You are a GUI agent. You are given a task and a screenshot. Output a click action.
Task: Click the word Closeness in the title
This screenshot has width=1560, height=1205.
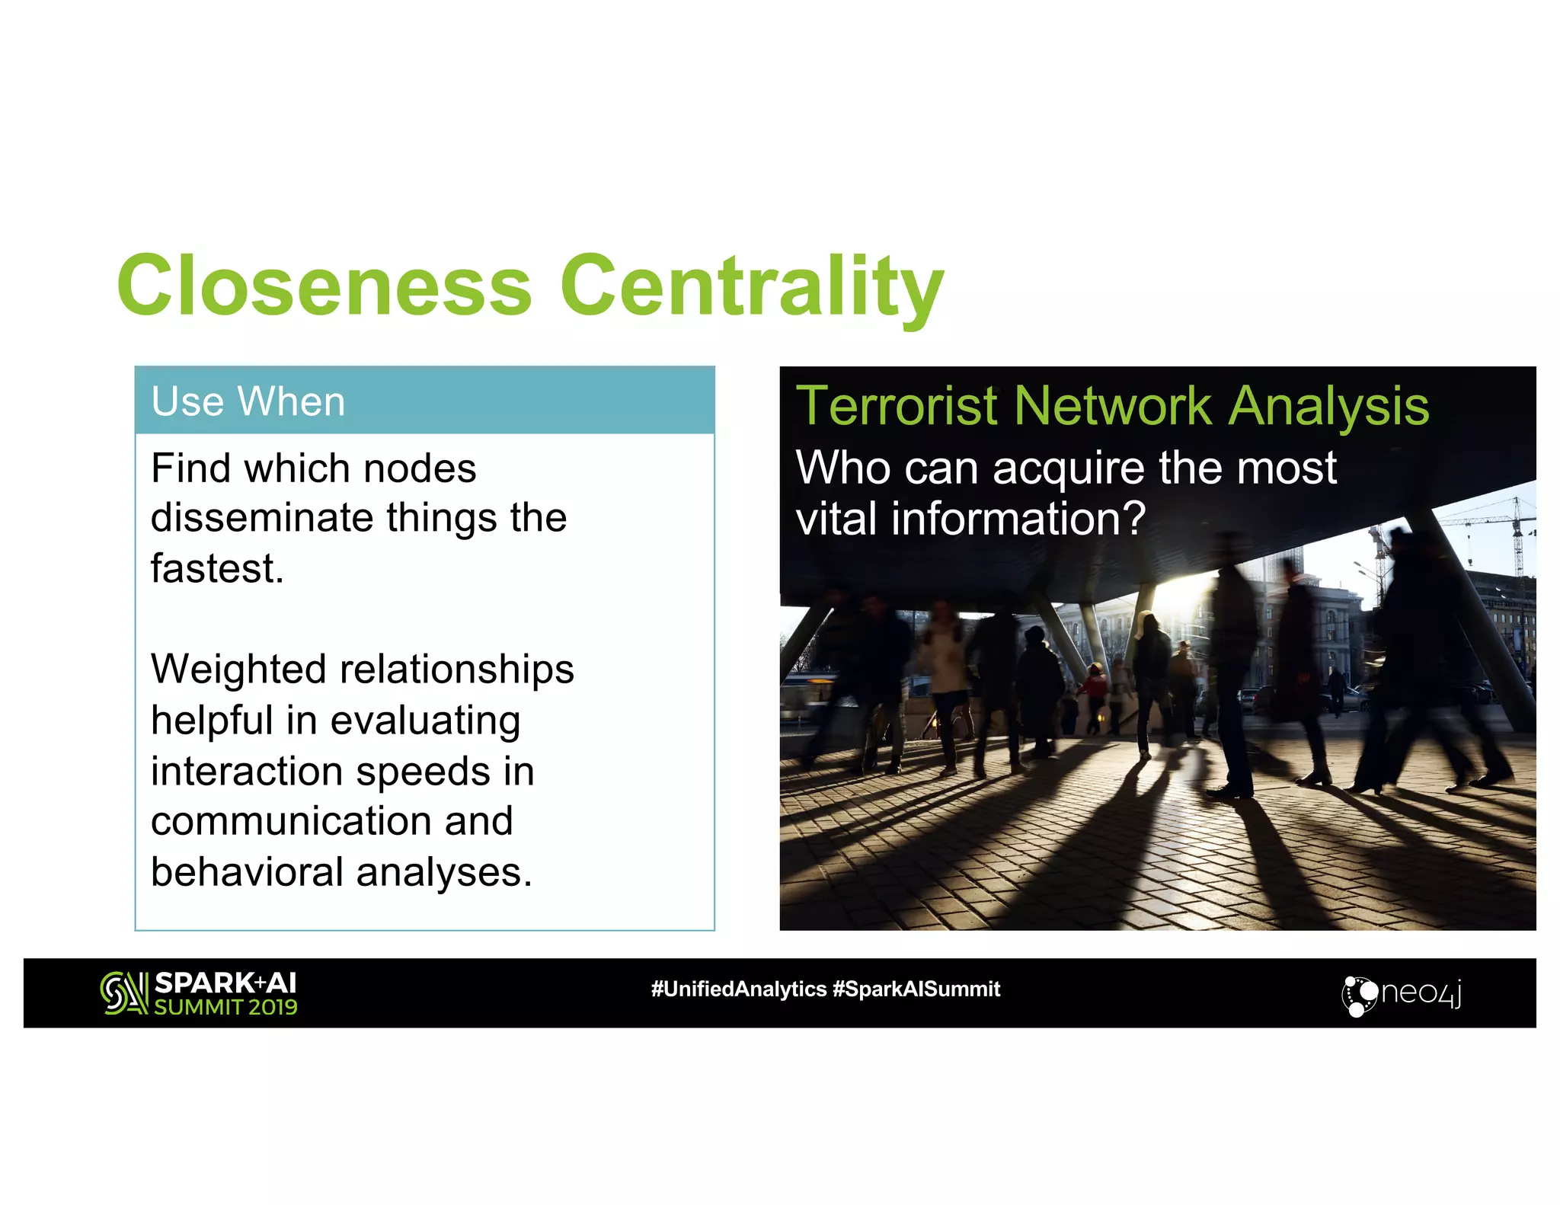click(324, 286)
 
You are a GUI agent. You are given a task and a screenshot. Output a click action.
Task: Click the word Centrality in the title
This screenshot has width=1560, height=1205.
click(752, 288)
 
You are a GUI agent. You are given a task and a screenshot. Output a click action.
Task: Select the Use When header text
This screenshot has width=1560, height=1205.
click(248, 401)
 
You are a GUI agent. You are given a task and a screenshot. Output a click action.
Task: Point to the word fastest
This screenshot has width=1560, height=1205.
click(217, 568)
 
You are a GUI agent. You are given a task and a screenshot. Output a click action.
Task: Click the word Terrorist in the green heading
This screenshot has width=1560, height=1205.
click(896, 406)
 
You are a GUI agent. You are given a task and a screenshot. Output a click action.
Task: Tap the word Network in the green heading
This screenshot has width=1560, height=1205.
click(1112, 406)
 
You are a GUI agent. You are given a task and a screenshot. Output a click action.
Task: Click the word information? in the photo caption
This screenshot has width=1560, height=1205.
click(1018, 519)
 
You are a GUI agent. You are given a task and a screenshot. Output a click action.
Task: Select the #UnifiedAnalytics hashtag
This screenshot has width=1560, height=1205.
click(738, 989)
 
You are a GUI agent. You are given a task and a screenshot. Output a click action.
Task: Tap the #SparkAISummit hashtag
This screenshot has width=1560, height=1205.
click(916, 989)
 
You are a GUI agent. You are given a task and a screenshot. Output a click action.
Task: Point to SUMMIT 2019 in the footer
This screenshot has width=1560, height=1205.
click(225, 1007)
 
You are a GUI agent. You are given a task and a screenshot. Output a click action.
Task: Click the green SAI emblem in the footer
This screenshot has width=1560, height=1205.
click(123, 992)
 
